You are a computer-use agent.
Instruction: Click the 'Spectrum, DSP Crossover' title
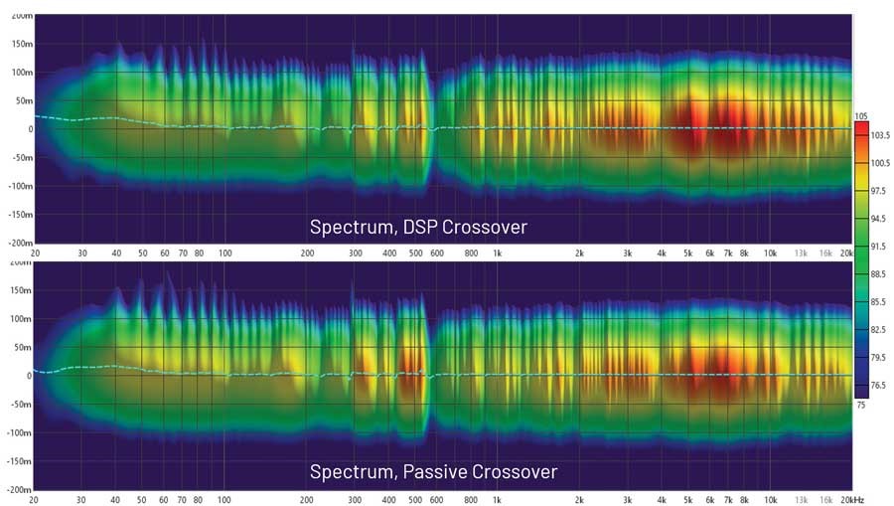click(x=418, y=228)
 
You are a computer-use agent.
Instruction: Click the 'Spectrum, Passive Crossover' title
click(x=433, y=470)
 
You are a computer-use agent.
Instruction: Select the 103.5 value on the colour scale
click(x=878, y=134)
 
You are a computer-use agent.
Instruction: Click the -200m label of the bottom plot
click(x=19, y=490)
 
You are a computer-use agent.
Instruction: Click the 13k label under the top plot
click(x=801, y=253)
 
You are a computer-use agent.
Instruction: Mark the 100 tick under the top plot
click(x=225, y=253)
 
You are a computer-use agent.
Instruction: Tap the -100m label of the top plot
click(x=19, y=185)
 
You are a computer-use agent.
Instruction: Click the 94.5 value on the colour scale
click(x=878, y=218)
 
